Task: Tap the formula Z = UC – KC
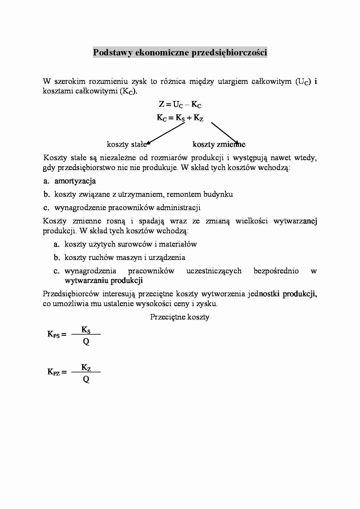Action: pos(180,104)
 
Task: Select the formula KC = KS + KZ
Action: pos(180,118)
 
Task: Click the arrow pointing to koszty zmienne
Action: pos(225,133)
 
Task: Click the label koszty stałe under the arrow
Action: pos(127,144)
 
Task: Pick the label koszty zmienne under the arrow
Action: pos(219,144)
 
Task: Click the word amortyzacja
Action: pos(75,181)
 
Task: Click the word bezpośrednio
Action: pos(276,271)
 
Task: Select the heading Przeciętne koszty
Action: pos(180,317)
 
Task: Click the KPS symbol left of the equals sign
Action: pos(53,334)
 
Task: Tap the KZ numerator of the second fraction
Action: pos(86,367)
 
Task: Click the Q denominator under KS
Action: pos(86,342)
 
